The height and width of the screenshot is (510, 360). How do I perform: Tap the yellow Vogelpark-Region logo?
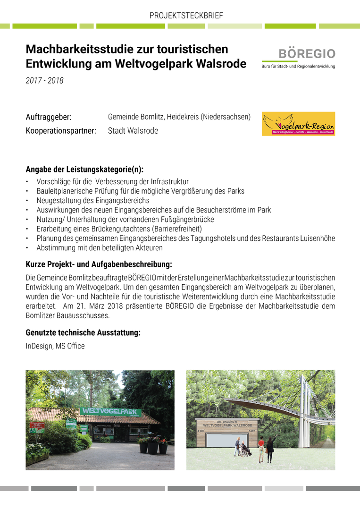[x=298, y=124]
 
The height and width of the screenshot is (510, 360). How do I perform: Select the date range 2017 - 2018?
[x=44, y=81]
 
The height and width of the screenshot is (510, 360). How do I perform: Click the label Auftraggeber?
[x=48, y=117]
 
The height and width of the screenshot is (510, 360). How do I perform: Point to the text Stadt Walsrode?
[x=133, y=131]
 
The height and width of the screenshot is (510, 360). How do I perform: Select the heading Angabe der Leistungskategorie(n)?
[x=84, y=170]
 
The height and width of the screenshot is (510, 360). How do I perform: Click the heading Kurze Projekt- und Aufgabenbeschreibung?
[x=99, y=264]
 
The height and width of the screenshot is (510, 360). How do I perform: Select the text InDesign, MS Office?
[x=55, y=346]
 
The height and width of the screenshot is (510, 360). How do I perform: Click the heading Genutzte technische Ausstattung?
[x=83, y=333]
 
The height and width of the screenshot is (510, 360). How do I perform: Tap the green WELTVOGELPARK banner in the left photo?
[x=110, y=412]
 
